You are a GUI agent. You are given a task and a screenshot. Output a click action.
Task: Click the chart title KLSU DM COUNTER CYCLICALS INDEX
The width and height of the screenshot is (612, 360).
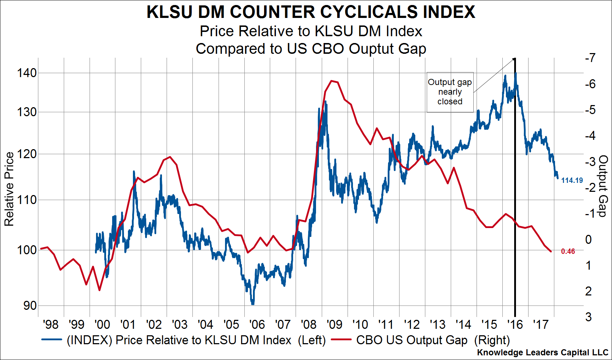coord(311,12)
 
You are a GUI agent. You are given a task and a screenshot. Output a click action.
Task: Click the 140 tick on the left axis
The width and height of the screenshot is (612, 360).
coord(27,73)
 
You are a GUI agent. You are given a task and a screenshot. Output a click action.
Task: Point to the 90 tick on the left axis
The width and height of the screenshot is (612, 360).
coord(30,305)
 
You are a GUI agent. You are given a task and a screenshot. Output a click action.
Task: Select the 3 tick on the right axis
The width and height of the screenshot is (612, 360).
coord(588,317)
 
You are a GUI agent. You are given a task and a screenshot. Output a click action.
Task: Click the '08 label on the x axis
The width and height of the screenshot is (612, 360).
coord(309,325)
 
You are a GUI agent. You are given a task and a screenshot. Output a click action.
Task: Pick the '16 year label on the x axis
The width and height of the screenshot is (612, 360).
coord(515,325)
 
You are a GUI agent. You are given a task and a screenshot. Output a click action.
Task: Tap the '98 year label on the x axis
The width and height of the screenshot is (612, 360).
coord(51,325)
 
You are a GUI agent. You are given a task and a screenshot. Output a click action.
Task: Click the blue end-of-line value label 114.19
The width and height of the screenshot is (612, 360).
coord(572,180)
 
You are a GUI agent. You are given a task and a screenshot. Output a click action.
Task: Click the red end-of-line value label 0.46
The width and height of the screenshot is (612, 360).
coord(568,251)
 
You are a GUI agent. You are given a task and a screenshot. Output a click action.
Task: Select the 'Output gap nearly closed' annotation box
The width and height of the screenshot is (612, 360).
coord(450,92)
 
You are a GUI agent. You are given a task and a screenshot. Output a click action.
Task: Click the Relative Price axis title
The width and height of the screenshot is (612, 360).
coord(9,189)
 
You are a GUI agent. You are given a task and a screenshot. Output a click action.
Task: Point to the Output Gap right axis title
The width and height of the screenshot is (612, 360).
coord(603,186)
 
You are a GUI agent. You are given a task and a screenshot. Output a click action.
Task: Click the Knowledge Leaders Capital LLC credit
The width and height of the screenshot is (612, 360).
coord(542,352)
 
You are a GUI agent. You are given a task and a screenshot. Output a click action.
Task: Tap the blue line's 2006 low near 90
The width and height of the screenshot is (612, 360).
coord(253,303)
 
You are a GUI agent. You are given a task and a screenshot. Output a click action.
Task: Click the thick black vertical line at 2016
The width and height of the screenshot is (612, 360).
coord(515,186)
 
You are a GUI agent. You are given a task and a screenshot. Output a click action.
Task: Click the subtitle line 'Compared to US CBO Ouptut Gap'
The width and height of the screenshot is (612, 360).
coord(311,49)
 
